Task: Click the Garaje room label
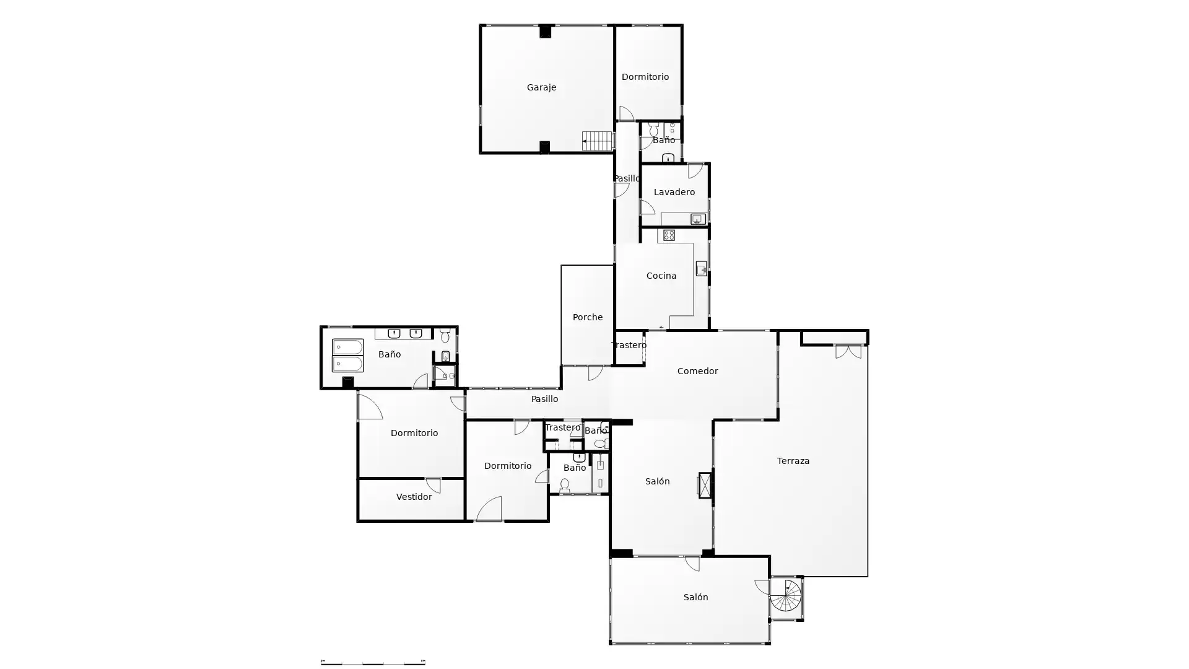(541, 87)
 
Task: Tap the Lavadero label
(674, 192)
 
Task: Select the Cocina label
(661, 276)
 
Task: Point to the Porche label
(587, 317)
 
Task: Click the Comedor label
(697, 371)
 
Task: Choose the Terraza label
(793, 461)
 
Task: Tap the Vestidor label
(414, 497)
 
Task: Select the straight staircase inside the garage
(598, 141)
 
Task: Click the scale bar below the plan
(373, 662)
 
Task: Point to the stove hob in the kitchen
(669, 235)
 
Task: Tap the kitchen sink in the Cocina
(701, 268)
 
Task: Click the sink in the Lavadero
(698, 219)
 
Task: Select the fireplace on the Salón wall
(705, 485)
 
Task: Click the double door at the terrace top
(848, 352)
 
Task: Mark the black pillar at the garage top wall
(545, 31)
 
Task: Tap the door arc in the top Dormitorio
(626, 113)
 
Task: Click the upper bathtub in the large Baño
(347, 347)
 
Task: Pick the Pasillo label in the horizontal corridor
(544, 399)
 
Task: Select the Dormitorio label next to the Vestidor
(414, 433)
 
